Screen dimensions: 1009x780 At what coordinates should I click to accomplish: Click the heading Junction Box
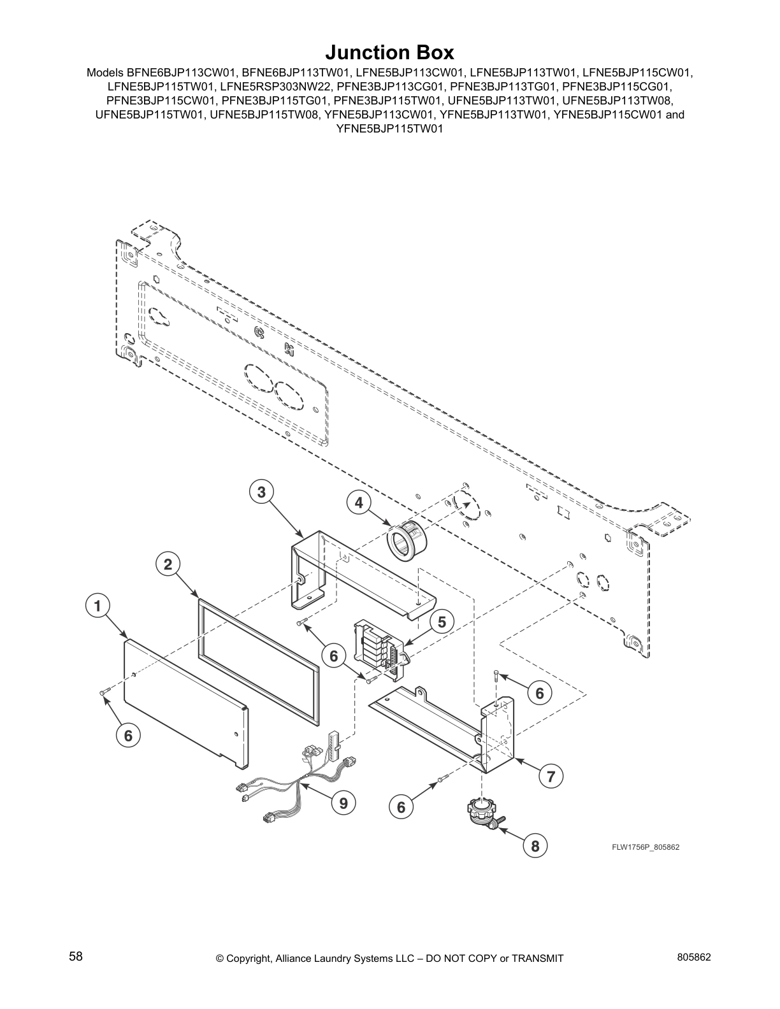(x=389, y=52)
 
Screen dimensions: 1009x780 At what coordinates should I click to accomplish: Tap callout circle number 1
(x=97, y=606)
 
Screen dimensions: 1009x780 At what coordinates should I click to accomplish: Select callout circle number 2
(x=168, y=564)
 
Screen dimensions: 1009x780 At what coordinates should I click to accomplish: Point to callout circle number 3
(x=261, y=492)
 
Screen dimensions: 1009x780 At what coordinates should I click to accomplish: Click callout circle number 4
(x=359, y=503)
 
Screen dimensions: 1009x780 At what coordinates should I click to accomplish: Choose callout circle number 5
(x=442, y=621)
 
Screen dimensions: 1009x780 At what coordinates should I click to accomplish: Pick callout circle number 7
(x=551, y=776)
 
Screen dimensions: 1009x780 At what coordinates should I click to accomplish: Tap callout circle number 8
(x=535, y=846)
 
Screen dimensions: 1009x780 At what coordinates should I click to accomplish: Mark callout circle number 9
(x=343, y=803)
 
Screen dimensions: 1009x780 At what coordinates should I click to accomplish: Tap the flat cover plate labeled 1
(x=185, y=701)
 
